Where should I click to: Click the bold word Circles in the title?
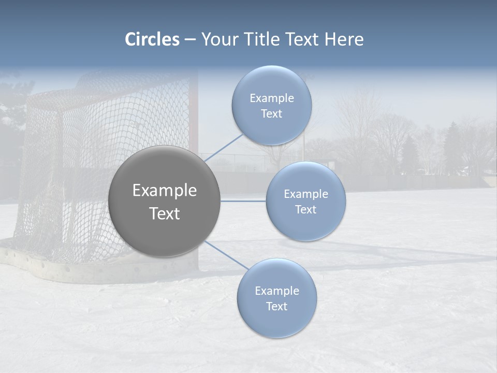pos(152,39)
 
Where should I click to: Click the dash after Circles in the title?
pos(190,40)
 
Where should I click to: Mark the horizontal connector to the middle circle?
pos(243,201)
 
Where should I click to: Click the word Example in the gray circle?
pos(164,191)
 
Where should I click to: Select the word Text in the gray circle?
pos(164,213)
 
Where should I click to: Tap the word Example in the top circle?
pos(271,98)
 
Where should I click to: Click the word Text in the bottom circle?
pos(276,307)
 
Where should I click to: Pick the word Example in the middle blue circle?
pos(305,194)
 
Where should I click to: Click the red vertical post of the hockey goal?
pos(193,114)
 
